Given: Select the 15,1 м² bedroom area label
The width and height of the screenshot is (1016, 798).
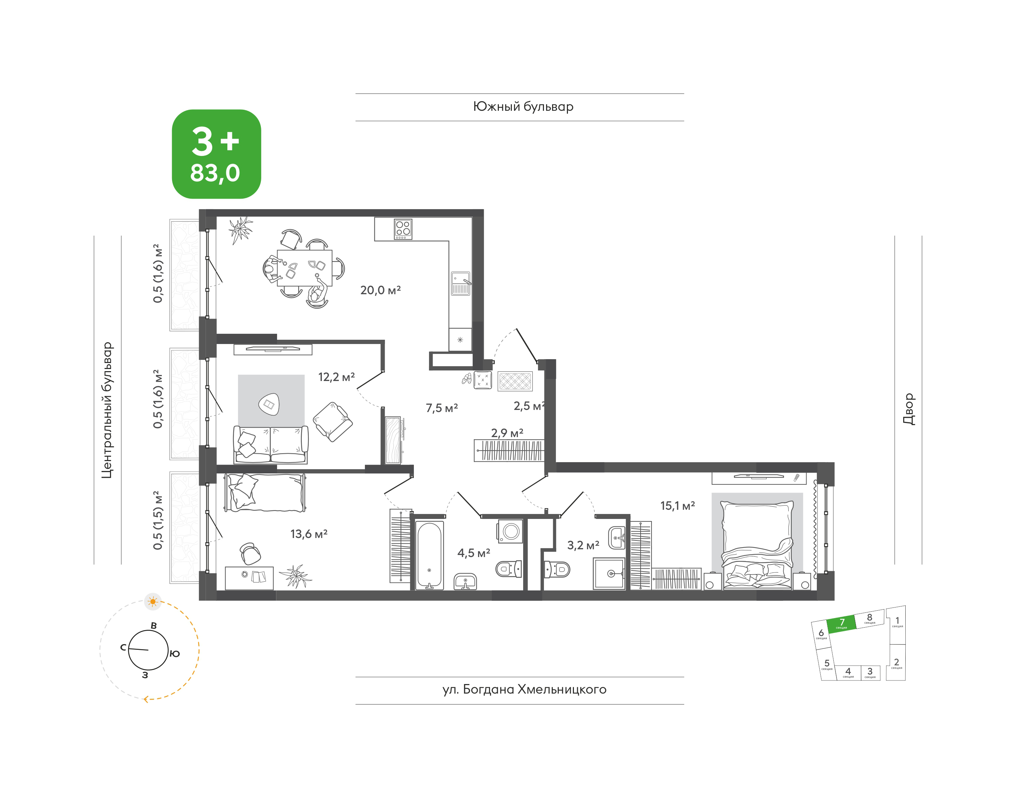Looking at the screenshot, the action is [x=678, y=506].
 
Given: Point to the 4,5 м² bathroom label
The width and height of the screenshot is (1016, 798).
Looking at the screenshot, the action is [x=473, y=553].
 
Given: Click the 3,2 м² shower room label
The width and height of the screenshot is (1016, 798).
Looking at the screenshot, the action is [x=583, y=545].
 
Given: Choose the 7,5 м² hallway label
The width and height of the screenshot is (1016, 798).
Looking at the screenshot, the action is [x=442, y=408].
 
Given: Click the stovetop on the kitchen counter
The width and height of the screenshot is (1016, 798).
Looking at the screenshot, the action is [x=403, y=229].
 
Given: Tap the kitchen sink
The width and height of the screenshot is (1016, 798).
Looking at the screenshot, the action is [x=460, y=283].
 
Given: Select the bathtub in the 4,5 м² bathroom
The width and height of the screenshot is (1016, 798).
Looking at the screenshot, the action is [x=429, y=555].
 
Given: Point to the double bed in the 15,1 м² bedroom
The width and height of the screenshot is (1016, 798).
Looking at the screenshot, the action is [x=757, y=545].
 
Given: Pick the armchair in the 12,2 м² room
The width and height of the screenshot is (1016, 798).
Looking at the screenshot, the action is [x=332, y=422].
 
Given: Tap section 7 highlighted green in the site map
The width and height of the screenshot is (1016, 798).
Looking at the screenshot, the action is [x=841, y=624].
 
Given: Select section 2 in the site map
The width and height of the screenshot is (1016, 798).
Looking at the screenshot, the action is [x=896, y=663].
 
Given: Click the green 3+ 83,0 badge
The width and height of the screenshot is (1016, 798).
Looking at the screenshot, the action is [x=216, y=154].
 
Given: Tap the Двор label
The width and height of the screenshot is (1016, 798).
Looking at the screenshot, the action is [x=908, y=409].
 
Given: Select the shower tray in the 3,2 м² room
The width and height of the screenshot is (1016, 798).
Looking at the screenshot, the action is [x=609, y=574].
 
